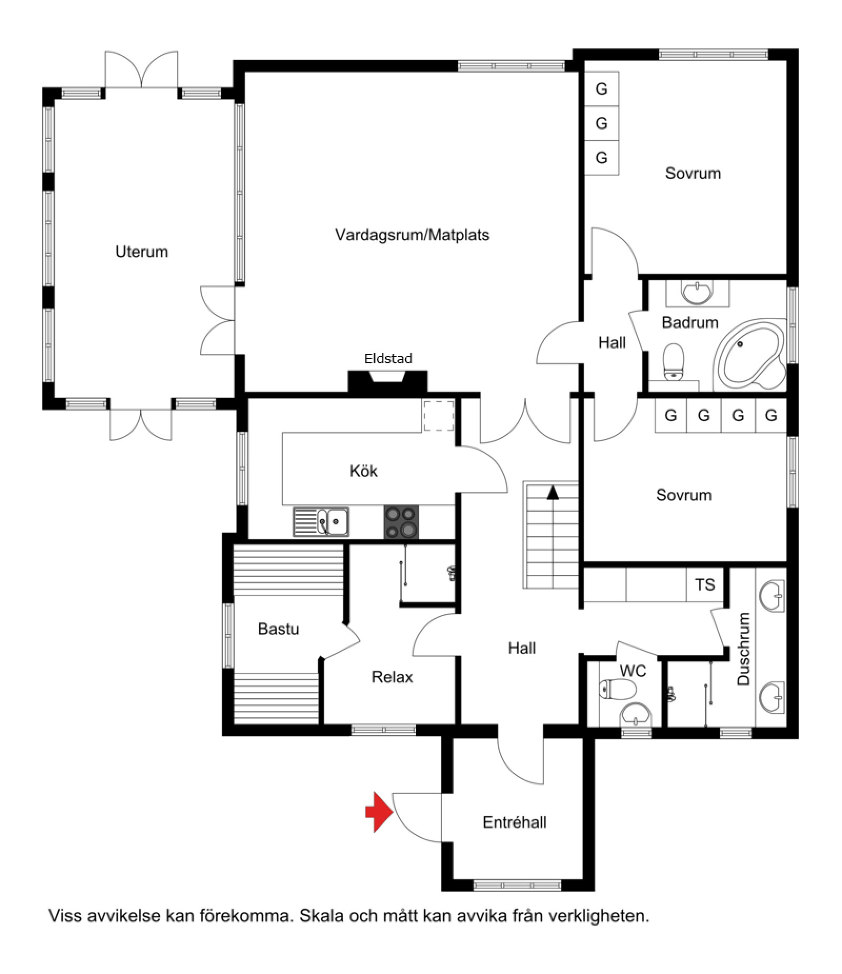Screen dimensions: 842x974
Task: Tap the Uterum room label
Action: (x=142, y=252)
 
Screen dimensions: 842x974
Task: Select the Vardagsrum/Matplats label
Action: (x=412, y=235)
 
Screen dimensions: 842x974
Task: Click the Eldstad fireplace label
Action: (x=388, y=359)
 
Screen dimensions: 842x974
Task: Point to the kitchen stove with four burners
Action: (x=401, y=522)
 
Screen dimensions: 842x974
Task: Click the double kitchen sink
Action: (x=321, y=522)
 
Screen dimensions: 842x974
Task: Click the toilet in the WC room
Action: (x=618, y=689)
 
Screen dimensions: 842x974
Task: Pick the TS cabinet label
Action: (x=705, y=584)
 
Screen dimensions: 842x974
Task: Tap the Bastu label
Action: (x=278, y=629)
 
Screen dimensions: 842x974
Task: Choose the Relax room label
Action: (x=392, y=677)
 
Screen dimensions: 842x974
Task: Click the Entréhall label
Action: (x=515, y=822)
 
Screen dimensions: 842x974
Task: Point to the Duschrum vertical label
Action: (x=743, y=649)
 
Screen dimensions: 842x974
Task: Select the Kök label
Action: (x=364, y=471)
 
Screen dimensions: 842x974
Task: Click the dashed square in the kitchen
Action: (x=439, y=416)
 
